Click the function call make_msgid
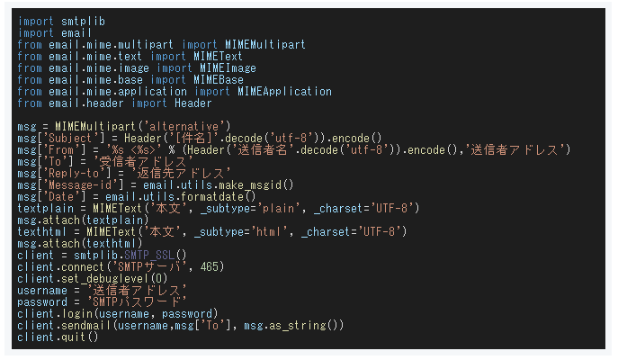[x=257, y=184]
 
